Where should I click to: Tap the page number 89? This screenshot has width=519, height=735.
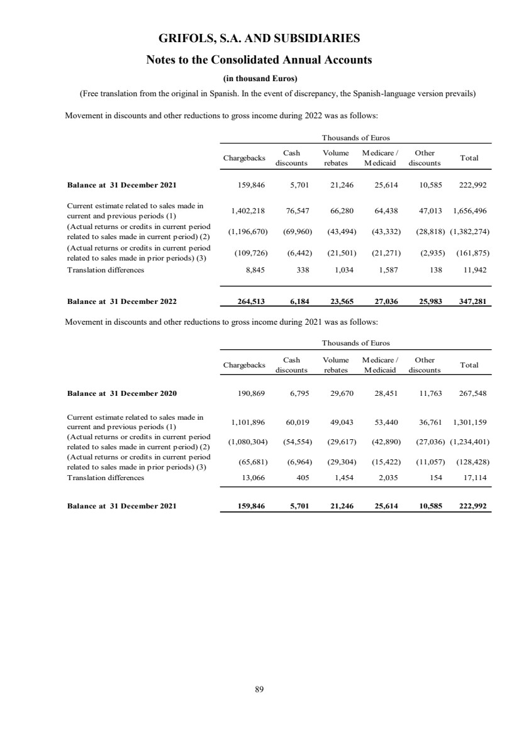pyautogui.click(x=259, y=689)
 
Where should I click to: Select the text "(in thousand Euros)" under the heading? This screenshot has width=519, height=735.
pyautogui.click(x=259, y=79)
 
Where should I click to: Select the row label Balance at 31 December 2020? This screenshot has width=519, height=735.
pyautogui.click(x=122, y=393)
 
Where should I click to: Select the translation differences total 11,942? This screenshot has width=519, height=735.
pyautogui.click(x=476, y=270)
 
